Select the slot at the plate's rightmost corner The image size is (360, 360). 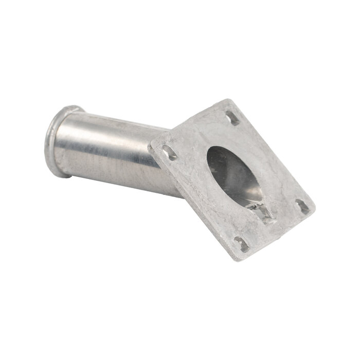coord(302,206)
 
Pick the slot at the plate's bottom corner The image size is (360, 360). coord(241,244)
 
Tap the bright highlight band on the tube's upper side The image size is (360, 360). coord(113,126)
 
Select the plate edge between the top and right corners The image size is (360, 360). coord(273,154)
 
